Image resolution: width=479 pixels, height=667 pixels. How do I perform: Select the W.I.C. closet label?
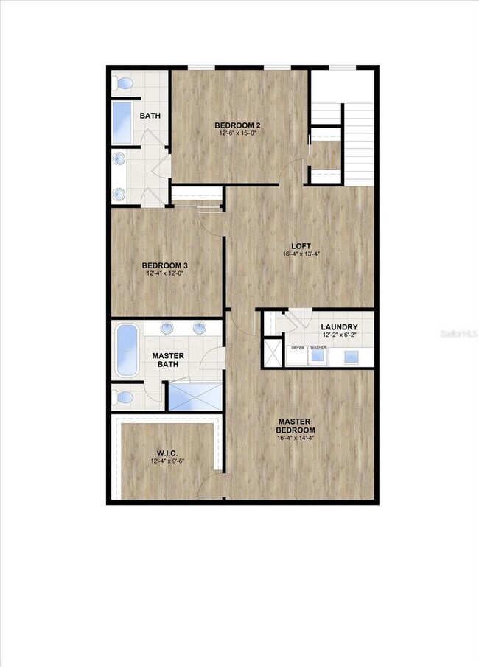(x=164, y=453)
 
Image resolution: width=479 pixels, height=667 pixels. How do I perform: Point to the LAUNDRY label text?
(x=339, y=326)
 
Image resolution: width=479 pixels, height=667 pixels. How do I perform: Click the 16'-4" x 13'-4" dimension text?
(x=301, y=254)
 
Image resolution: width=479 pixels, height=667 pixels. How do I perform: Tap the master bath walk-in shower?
(x=195, y=396)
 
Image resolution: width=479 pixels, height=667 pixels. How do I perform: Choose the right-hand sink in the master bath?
(x=200, y=328)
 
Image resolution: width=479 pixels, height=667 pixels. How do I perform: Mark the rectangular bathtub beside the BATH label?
(x=122, y=122)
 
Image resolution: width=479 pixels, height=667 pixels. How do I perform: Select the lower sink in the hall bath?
(x=118, y=193)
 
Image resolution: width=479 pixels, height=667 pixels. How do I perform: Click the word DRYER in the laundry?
(x=298, y=346)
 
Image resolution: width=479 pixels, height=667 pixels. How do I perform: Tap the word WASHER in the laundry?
(x=318, y=346)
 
